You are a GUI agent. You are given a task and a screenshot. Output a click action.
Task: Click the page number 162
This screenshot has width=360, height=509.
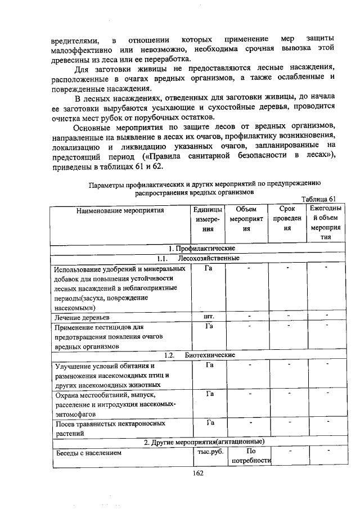coord(196,473)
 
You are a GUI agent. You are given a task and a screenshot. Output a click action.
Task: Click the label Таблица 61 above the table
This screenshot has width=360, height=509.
coord(318,199)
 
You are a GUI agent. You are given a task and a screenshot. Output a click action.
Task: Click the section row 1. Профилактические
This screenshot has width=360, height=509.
coord(201,249)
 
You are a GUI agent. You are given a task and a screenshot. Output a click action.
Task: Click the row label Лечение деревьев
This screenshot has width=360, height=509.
coord(82,318)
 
